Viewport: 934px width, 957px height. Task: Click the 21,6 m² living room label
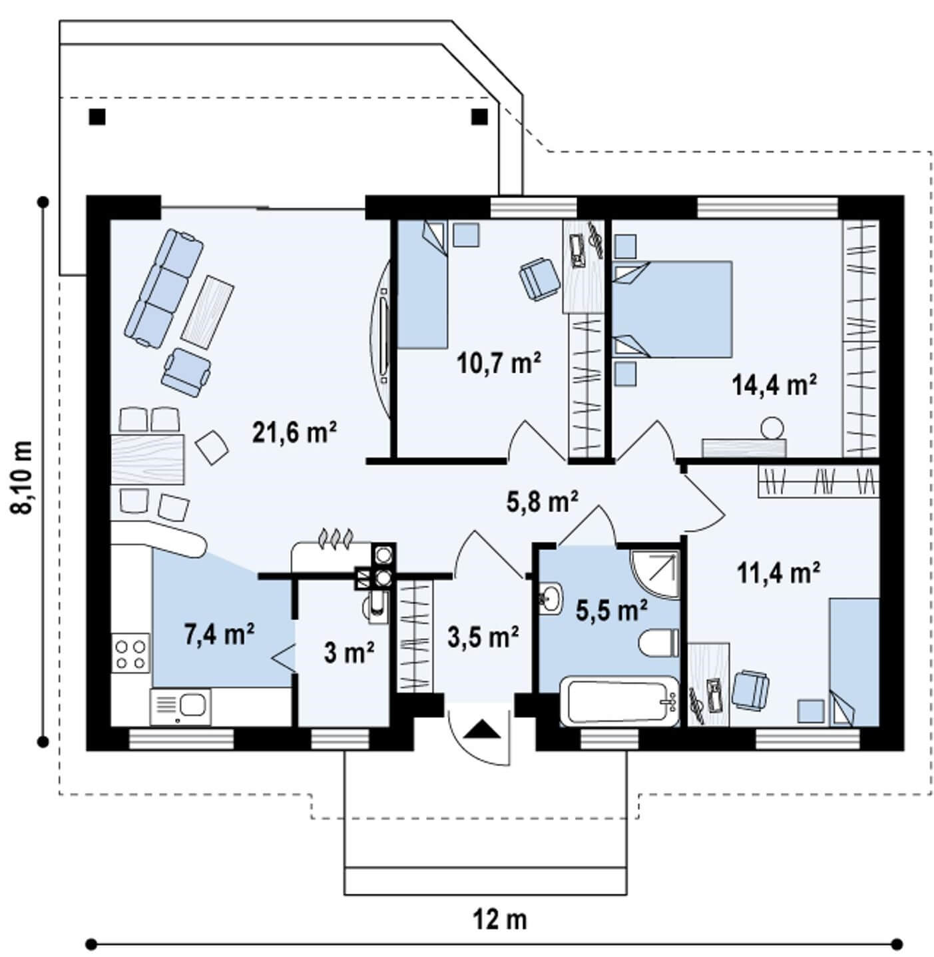[x=294, y=432]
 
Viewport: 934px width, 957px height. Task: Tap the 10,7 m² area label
[x=499, y=363]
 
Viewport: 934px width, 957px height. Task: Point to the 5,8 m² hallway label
[x=542, y=501]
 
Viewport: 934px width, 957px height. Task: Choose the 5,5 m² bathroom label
[x=612, y=610]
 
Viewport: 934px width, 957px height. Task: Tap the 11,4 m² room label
[x=779, y=573]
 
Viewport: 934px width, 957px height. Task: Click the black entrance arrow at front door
[x=482, y=729]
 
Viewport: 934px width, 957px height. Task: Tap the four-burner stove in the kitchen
[x=130, y=653]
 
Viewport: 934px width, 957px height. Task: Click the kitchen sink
[x=181, y=706]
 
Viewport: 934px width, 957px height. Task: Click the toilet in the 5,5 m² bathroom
[x=658, y=643]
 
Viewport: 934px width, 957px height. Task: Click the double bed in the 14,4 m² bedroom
[x=672, y=309]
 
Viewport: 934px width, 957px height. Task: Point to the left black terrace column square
[x=97, y=117]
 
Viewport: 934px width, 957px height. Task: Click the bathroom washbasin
[x=551, y=598]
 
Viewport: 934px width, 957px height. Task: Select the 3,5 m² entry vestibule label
[x=483, y=637]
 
